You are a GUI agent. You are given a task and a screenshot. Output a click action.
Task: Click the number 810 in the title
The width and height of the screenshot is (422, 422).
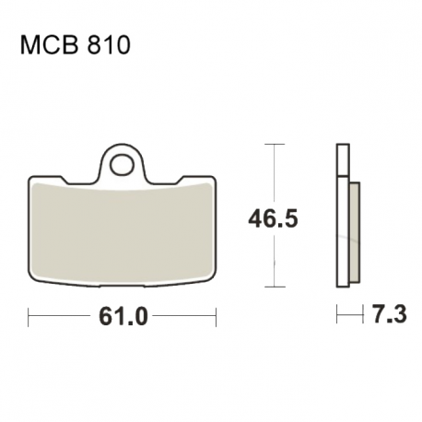pos(109,45)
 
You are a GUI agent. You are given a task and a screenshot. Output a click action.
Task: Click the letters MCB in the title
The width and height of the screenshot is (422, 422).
pos(51,45)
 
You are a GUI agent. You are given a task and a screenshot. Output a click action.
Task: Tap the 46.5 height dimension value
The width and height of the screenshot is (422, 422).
pos(273,218)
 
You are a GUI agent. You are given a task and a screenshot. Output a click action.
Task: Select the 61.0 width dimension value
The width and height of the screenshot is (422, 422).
pos(123,316)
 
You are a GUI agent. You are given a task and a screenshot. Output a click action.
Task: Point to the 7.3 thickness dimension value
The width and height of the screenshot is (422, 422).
pos(389,314)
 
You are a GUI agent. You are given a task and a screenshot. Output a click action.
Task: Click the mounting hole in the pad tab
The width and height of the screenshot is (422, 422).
pos(123,165)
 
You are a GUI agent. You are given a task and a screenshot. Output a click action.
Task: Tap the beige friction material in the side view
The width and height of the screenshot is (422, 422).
pos(355,232)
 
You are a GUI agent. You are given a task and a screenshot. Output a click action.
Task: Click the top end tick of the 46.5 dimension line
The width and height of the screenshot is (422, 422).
pos(275,144)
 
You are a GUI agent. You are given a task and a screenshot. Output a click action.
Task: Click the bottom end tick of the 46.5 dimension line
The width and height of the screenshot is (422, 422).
pos(275,287)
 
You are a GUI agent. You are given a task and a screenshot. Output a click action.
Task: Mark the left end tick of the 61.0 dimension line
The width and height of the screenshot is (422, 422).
pos(29,317)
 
